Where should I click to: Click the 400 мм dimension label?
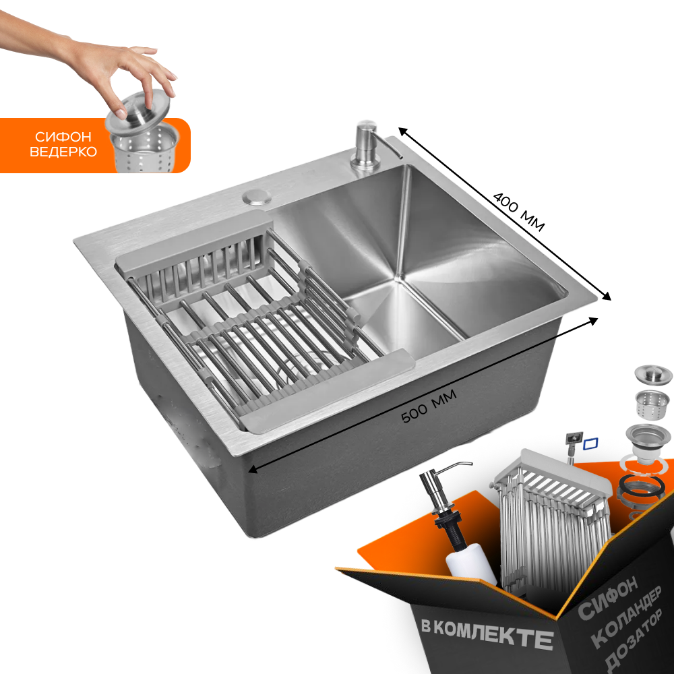[x=519, y=212]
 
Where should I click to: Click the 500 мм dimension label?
[x=429, y=406]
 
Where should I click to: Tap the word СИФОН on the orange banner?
[x=63, y=137]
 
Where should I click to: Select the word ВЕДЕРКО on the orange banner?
[x=63, y=152]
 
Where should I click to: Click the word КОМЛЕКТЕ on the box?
[x=493, y=634]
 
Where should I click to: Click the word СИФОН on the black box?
[x=607, y=597]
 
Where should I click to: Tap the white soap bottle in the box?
[x=470, y=565]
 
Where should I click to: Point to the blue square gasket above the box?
[x=590, y=443]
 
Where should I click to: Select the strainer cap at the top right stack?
[x=653, y=375]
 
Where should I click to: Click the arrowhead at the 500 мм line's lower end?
[x=253, y=469]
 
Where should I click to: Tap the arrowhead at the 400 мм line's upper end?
[x=403, y=131]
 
